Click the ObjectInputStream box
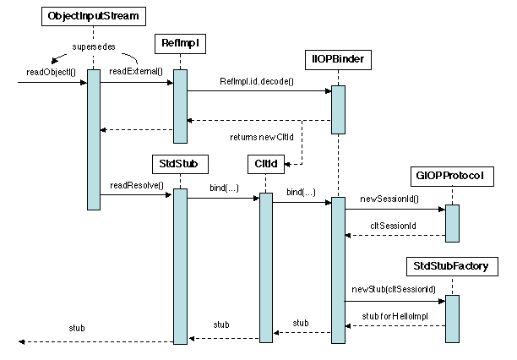point(93,16)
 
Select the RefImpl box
point(179,42)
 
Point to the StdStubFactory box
point(451,267)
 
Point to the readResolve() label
point(135,185)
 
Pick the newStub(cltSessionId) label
point(393,289)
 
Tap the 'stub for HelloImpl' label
point(395,315)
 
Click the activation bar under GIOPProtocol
point(452,223)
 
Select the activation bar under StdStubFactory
point(452,319)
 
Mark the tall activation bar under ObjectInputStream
point(93,139)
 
